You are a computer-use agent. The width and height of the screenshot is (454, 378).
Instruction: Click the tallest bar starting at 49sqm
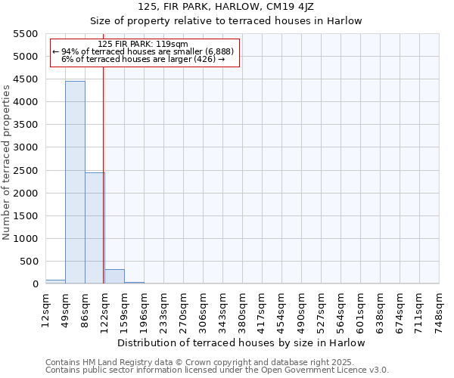click(x=75, y=181)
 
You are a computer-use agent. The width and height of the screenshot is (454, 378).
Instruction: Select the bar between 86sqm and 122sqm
click(x=95, y=228)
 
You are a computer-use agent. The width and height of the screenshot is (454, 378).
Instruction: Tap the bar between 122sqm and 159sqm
click(x=114, y=277)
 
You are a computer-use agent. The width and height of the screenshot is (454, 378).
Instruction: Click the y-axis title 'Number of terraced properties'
click(x=7, y=163)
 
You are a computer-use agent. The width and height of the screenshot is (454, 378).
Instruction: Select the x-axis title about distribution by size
click(x=241, y=343)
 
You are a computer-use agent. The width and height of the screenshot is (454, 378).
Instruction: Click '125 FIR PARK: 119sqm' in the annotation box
click(x=143, y=45)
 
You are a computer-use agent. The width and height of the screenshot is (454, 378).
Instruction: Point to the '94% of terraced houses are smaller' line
click(x=145, y=51)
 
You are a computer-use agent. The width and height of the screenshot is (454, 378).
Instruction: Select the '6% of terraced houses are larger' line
click(x=143, y=59)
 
